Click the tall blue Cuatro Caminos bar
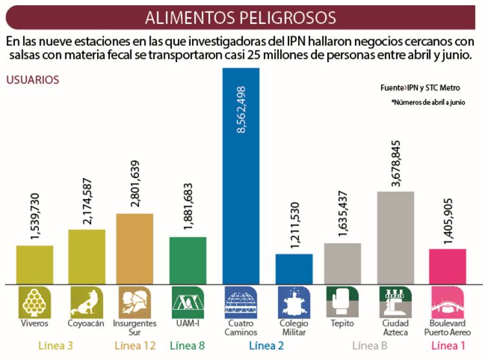tap(241, 194)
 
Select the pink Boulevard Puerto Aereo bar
tap(447, 266)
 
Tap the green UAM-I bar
tap(188, 260)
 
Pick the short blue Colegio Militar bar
tap(294, 268)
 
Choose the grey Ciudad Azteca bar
tap(395, 237)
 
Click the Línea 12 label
tap(135, 346)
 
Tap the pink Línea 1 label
tap(447, 346)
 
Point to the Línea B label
tap(371, 346)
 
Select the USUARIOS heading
tap(32, 80)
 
